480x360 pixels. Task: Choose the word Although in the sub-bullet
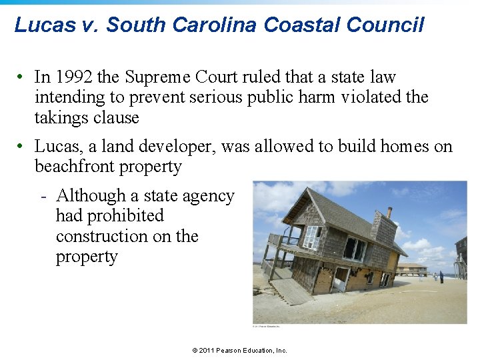[95, 196]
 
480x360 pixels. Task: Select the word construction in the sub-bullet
[103, 237]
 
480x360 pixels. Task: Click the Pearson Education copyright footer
[239, 350]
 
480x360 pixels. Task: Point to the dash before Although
[42, 197]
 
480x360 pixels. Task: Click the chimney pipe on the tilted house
[389, 213]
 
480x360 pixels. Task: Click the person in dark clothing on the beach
[441, 276]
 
